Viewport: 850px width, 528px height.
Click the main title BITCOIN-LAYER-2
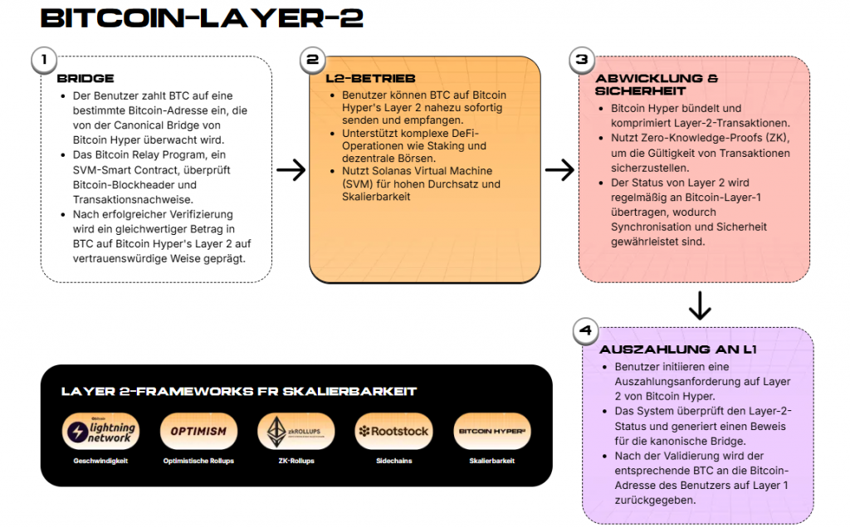click(x=202, y=18)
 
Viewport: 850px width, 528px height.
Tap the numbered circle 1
click(x=43, y=60)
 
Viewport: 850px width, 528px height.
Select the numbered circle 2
click(x=312, y=60)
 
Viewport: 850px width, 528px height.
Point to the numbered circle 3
click(x=581, y=60)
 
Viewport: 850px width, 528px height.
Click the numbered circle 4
click(x=586, y=330)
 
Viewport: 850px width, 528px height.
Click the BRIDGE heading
click(x=85, y=79)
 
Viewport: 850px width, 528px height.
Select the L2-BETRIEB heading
click(x=359, y=79)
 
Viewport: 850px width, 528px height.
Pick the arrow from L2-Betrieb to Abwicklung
click(x=559, y=170)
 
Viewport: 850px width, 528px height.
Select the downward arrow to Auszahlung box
click(x=700, y=305)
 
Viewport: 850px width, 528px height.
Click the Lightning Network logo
click(x=100, y=432)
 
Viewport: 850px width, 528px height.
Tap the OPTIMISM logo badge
click(x=198, y=432)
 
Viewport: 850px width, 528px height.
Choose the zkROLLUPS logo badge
click(x=296, y=432)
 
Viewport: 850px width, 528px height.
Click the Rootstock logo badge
click(x=393, y=432)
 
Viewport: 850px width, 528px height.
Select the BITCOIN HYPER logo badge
click(x=492, y=432)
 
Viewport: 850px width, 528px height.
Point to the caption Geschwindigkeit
click(x=100, y=461)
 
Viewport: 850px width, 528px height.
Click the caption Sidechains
click(x=393, y=461)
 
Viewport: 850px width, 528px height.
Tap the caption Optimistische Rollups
click(x=198, y=461)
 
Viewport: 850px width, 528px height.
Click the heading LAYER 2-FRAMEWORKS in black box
click(x=239, y=391)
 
